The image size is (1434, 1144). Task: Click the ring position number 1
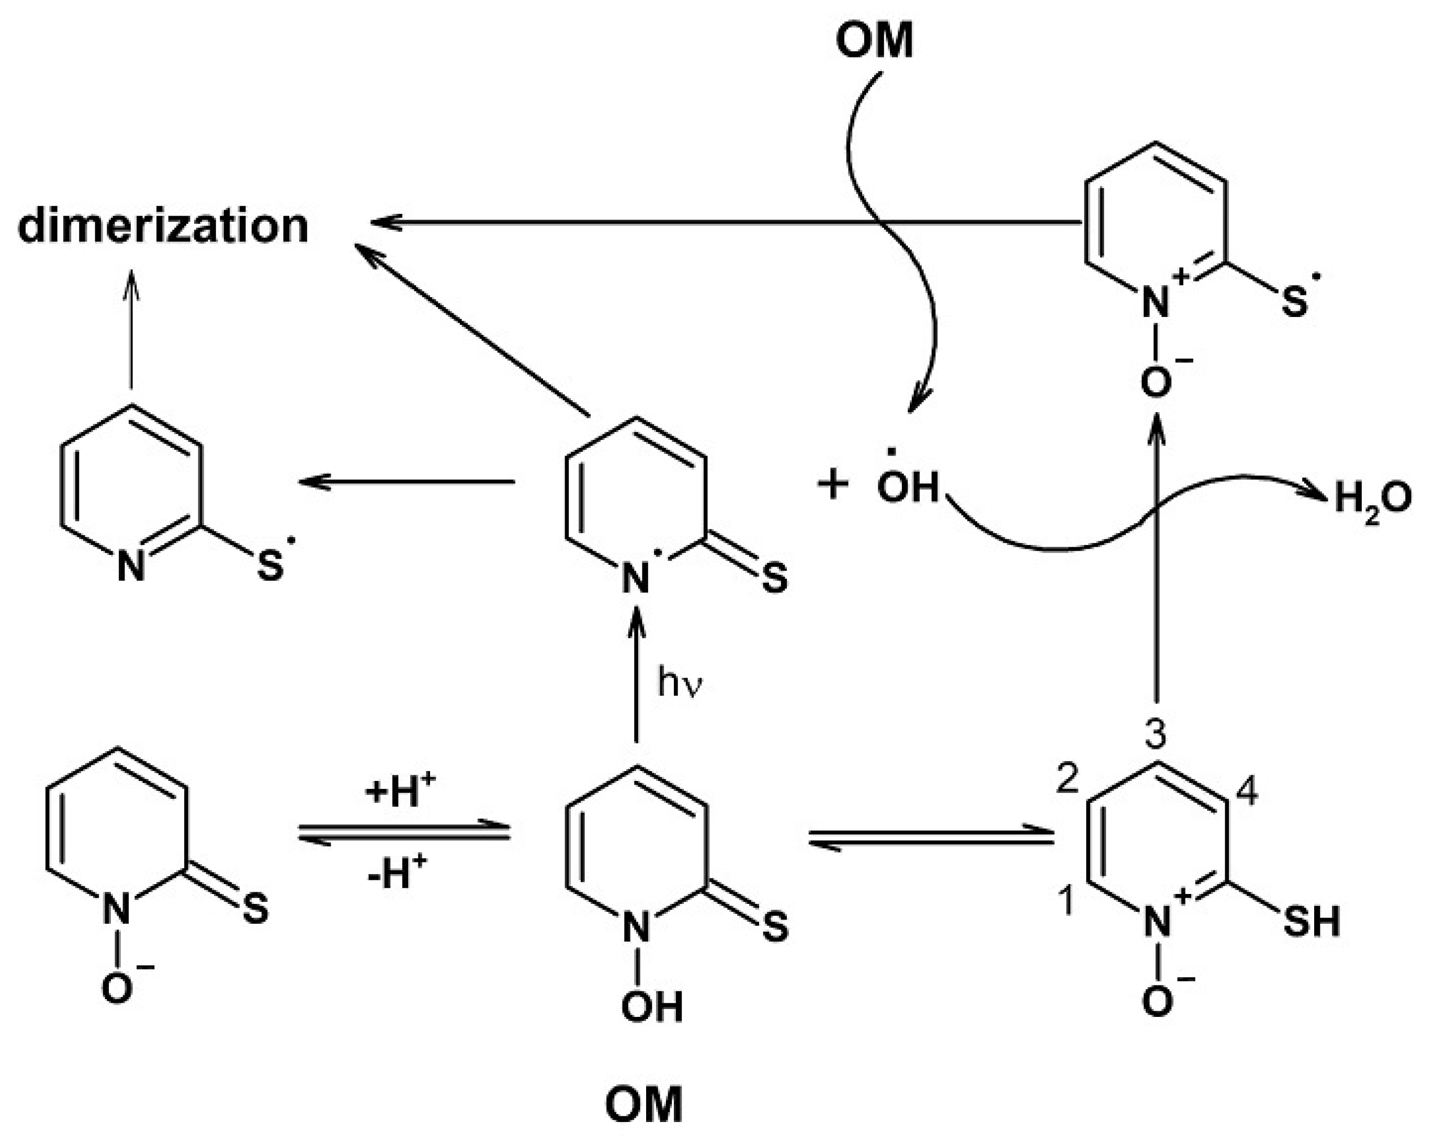click(1066, 901)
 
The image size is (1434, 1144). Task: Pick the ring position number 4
click(1246, 793)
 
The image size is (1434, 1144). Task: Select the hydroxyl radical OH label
click(907, 487)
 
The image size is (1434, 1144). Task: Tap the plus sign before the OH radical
click(833, 485)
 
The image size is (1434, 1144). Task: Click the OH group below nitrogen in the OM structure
click(651, 1006)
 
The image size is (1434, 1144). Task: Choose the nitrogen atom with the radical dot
click(636, 577)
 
